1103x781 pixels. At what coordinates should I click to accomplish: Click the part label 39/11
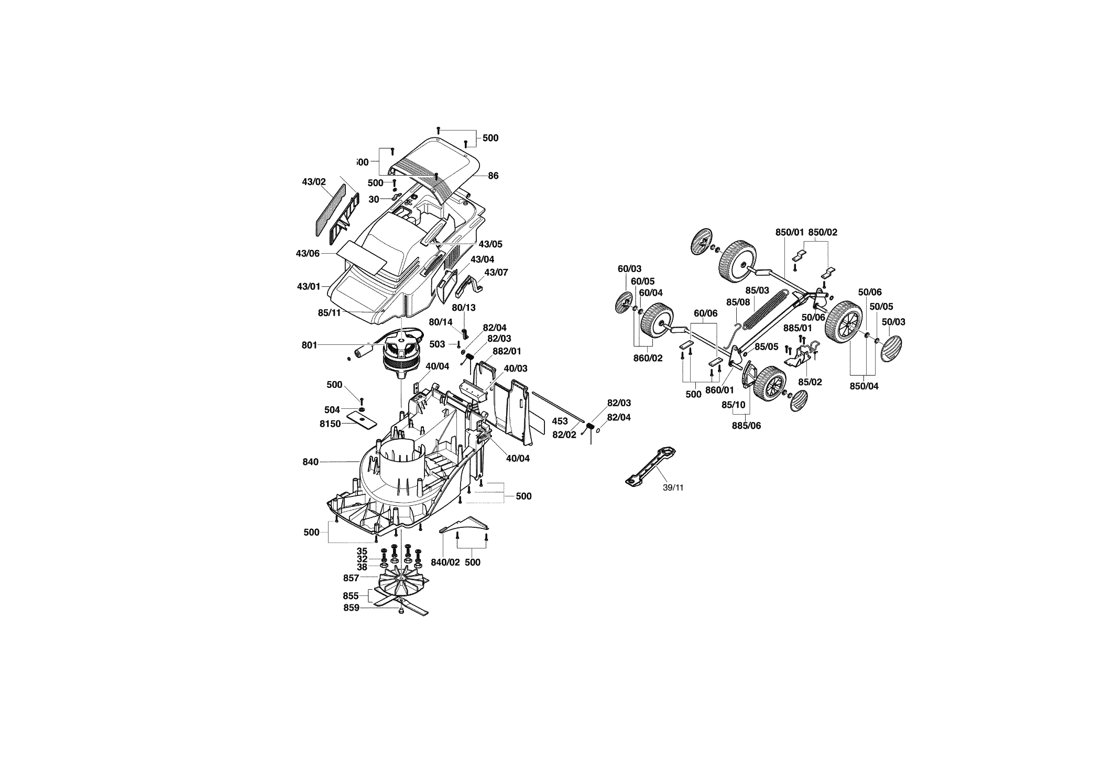[x=673, y=487]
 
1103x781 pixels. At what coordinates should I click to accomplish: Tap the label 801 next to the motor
[x=309, y=345]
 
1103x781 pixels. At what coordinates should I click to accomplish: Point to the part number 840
[x=311, y=462]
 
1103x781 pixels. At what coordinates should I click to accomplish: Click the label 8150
[x=330, y=424]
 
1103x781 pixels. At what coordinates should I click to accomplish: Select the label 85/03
[x=757, y=290]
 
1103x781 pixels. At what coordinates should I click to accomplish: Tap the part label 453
[x=560, y=421]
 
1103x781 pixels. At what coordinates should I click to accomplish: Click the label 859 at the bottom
[x=351, y=608]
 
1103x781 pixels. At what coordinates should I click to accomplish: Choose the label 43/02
[x=314, y=182]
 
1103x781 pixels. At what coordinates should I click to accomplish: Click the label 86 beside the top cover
[x=493, y=176]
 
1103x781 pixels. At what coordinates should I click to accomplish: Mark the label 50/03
[x=893, y=322]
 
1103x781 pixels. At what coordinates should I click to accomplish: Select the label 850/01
[x=790, y=232]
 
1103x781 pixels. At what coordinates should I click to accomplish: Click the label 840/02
[x=445, y=562]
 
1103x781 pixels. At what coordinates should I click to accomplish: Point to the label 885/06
[x=746, y=426]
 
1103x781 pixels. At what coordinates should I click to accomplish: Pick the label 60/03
[x=629, y=269]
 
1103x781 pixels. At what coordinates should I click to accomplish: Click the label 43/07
[x=496, y=273]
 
